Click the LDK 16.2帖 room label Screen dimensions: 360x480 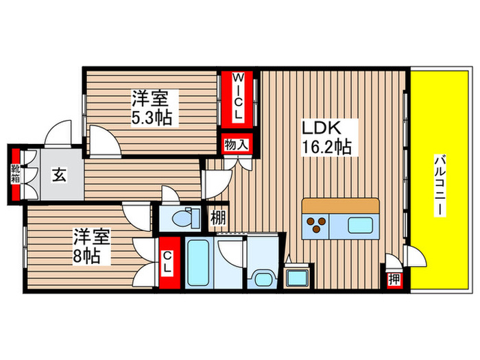click(x=326, y=137)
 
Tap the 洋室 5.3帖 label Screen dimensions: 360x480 click(x=152, y=108)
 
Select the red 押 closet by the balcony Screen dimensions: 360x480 click(x=394, y=279)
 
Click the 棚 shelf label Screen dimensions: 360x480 click(x=217, y=219)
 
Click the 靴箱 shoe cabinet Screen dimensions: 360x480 click(x=15, y=176)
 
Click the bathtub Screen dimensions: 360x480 click(x=200, y=263)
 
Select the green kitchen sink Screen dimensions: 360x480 click(x=359, y=225)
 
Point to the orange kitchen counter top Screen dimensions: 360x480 click(x=340, y=205)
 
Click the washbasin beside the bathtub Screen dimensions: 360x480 click(x=262, y=276)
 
